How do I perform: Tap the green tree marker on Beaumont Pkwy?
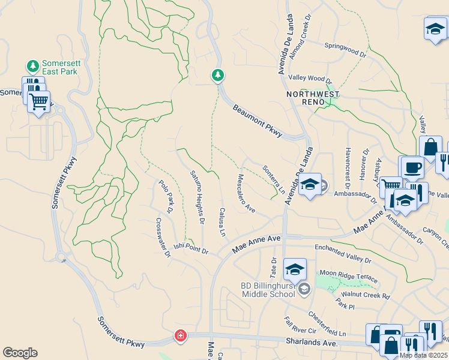(218, 75)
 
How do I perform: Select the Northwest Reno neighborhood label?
(312, 98)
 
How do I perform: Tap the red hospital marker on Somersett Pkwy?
(180, 336)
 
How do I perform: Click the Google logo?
(20, 353)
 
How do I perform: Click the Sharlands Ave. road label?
(307, 344)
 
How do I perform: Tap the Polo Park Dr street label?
(165, 196)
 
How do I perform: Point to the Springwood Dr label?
(345, 50)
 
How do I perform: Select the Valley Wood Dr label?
(310, 79)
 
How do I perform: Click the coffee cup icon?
(412, 167)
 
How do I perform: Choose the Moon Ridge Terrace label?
(349, 275)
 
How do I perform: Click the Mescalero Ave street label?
(247, 193)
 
